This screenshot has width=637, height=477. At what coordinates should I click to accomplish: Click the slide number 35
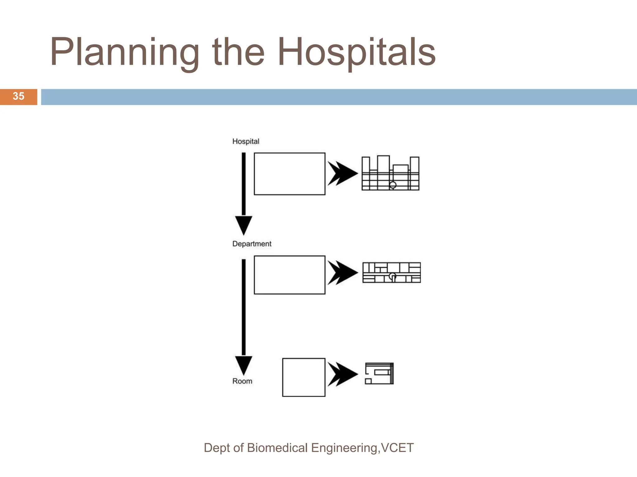coord(18,96)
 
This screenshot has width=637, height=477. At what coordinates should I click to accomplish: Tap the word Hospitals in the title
coord(356,52)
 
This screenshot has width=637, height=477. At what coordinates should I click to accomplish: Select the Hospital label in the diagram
coord(245,142)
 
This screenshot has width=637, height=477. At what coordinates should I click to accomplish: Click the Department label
coord(252,244)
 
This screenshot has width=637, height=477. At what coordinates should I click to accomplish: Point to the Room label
coord(242,381)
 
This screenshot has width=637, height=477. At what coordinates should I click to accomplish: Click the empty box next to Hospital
coord(289,174)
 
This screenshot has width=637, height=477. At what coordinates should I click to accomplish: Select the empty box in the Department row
coord(289,275)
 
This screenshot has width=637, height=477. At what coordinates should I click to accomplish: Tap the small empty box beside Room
coord(304,377)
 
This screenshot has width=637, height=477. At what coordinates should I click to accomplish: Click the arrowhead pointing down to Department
coord(244,225)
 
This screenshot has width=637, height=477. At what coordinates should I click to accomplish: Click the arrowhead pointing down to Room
coord(244,365)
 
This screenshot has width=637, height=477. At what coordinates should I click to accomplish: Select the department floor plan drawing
coord(391,273)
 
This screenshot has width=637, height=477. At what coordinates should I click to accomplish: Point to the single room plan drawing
coord(379,374)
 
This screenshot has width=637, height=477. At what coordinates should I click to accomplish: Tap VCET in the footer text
coord(397,448)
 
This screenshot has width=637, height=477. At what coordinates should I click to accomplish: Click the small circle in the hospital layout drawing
coord(393,185)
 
